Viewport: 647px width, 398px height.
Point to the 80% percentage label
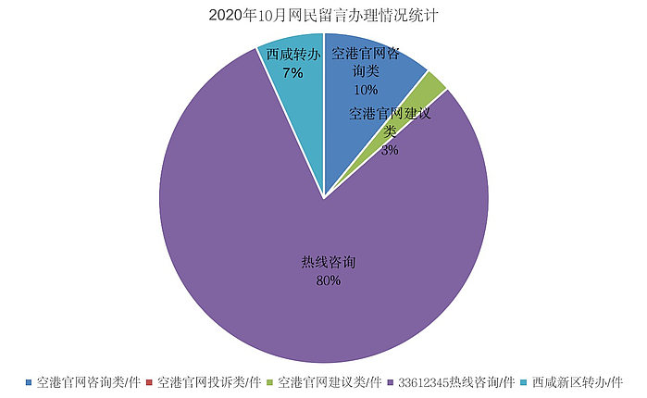(x=328, y=280)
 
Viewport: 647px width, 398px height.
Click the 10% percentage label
(x=366, y=90)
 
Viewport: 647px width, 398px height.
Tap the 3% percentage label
(x=390, y=150)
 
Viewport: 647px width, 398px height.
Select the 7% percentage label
(x=293, y=72)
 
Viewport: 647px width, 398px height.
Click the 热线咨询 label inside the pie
(x=328, y=263)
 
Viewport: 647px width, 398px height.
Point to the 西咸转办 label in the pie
(x=293, y=55)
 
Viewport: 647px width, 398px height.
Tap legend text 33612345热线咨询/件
(x=456, y=381)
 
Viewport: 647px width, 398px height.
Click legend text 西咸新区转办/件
(x=577, y=381)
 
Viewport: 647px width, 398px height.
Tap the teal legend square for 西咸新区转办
(x=523, y=381)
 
